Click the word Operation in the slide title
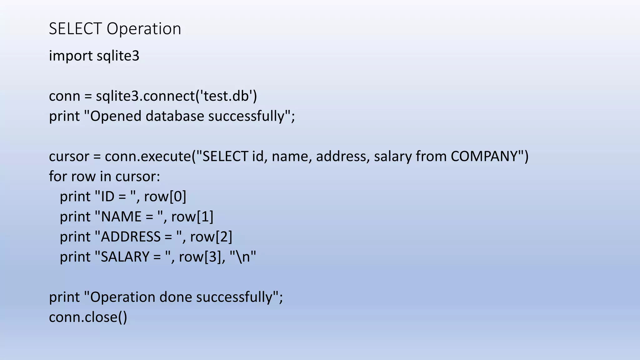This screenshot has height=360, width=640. (x=144, y=29)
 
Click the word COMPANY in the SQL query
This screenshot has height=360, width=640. (x=485, y=156)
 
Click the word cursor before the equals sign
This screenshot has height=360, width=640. (x=69, y=156)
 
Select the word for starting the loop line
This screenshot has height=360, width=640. (x=58, y=177)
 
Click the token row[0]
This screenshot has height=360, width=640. (x=165, y=197)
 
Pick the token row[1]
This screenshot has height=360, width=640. (x=192, y=217)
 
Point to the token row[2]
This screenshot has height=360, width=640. (x=211, y=237)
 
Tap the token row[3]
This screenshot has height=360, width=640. (x=200, y=257)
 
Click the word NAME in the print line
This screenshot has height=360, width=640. (x=121, y=217)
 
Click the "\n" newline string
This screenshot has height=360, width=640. (x=243, y=257)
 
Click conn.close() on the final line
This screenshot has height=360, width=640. (x=88, y=317)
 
